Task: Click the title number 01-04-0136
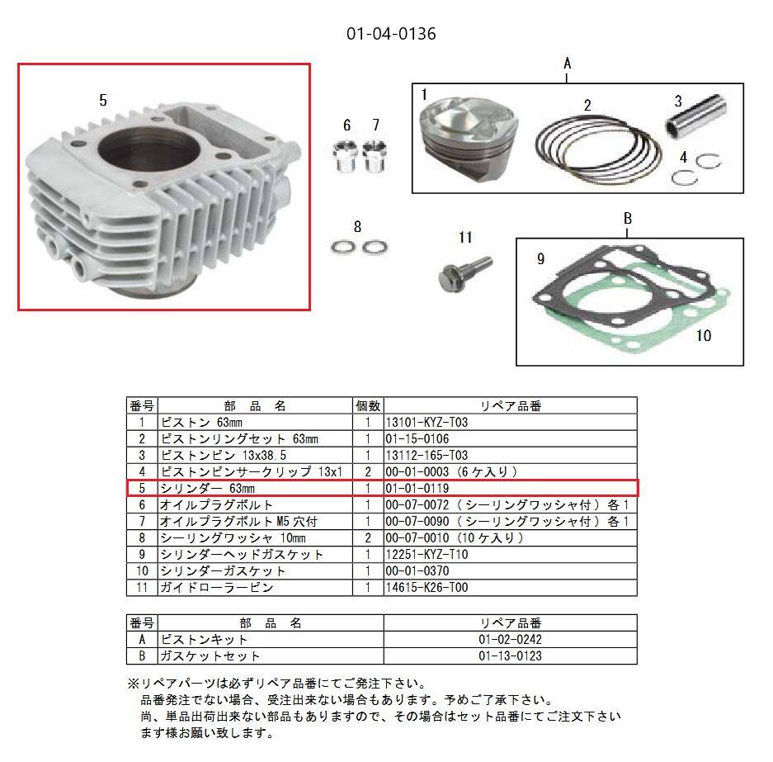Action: pos(390,34)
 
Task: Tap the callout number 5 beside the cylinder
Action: pos(102,100)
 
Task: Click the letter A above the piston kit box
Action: pos(567,63)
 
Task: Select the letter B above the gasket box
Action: pos(627,219)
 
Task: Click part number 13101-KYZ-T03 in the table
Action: pos(427,423)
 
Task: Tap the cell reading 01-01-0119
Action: pos(414,489)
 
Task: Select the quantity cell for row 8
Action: pos(367,538)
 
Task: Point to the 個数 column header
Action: pos(367,406)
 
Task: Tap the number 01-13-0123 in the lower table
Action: pos(510,656)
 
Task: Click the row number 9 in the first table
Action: pos(142,555)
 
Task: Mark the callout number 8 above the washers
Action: pos(357,227)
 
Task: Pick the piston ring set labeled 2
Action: pos(592,144)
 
